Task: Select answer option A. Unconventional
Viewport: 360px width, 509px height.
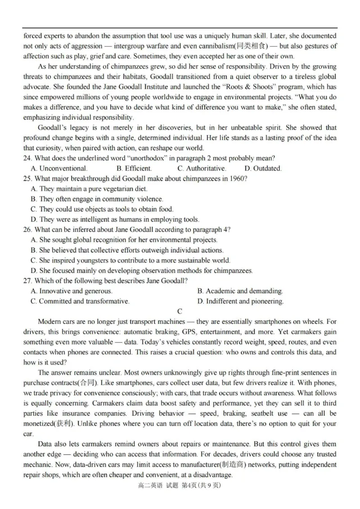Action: (59, 168)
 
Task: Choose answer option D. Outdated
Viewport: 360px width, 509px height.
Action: (263, 168)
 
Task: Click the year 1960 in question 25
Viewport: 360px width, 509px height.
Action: (238, 179)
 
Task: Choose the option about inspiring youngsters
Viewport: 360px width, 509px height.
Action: (130, 260)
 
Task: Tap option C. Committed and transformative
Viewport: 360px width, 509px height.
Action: (80, 301)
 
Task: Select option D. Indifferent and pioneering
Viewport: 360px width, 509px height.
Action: (240, 301)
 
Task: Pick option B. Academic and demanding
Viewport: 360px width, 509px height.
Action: (240, 291)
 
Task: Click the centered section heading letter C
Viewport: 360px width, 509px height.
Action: (180, 311)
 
